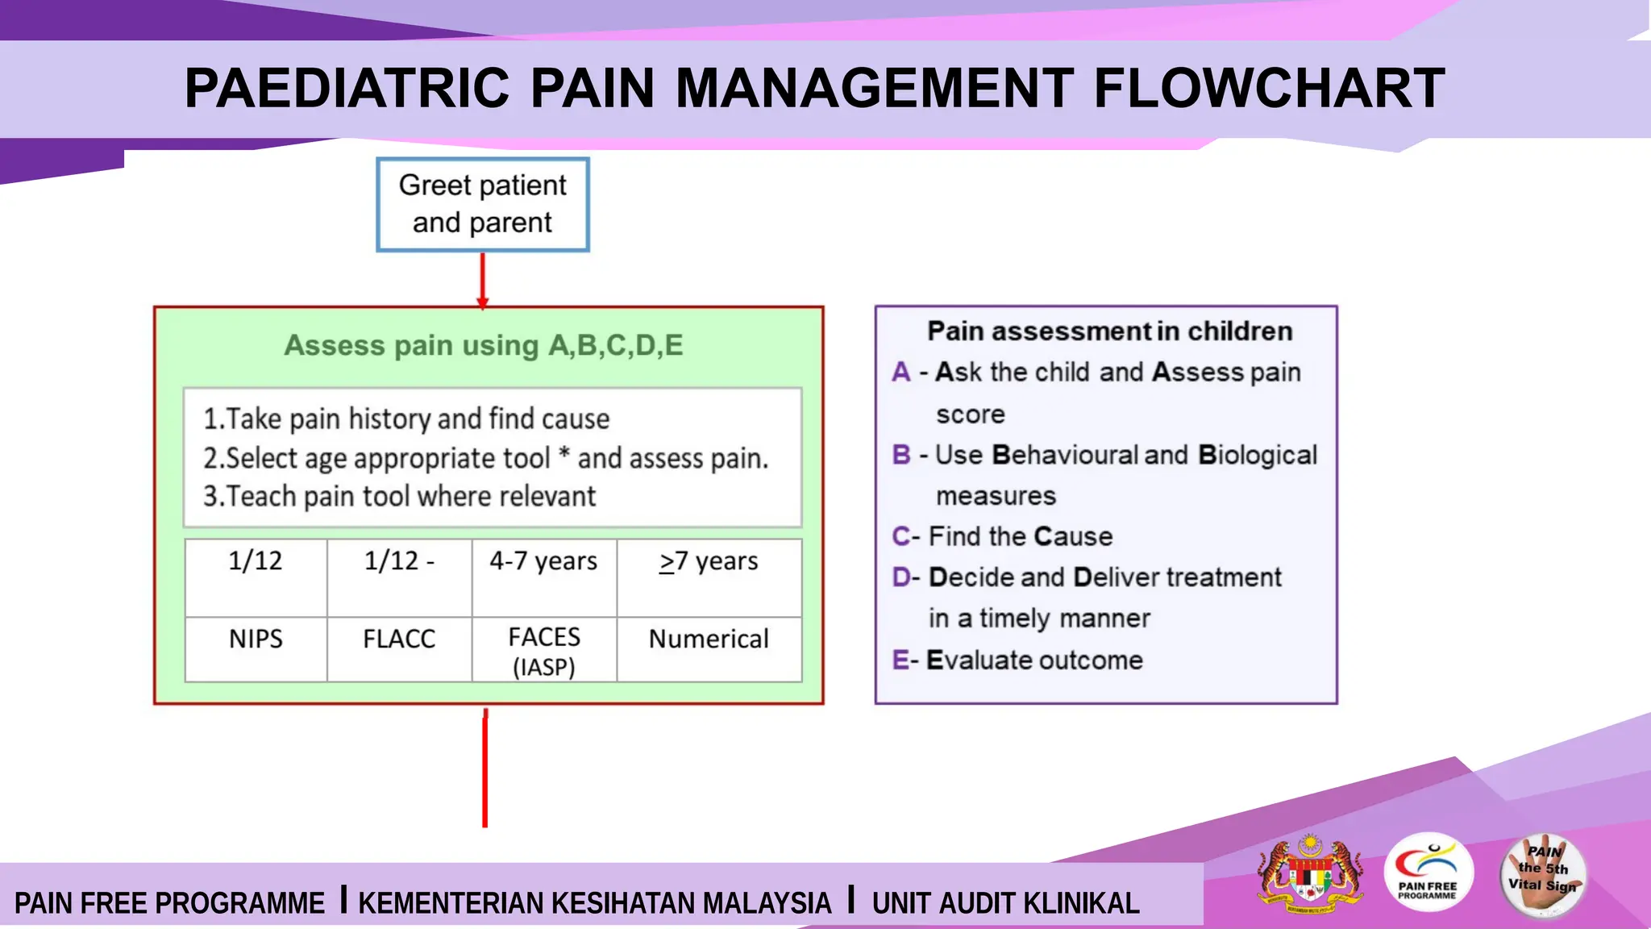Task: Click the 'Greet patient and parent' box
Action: [x=483, y=204]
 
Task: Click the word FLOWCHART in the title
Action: [x=1269, y=88]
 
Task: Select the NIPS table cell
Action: [x=256, y=639]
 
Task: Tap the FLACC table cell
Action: [x=399, y=639]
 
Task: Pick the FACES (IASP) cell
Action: [x=544, y=651]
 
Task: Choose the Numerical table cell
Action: [x=709, y=639]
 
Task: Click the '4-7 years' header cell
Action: [x=544, y=562]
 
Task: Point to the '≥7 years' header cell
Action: [x=709, y=562]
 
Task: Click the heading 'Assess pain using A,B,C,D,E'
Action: [x=484, y=345]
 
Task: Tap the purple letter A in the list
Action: [x=901, y=373]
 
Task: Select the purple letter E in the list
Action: [x=900, y=660]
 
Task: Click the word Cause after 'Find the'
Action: [x=1073, y=537]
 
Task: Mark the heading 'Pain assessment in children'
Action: [x=1109, y=331]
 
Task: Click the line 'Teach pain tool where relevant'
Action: [x=400, y=497]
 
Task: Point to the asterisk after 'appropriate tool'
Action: [x=564, y=456]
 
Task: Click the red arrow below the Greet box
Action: [x=483, y=280]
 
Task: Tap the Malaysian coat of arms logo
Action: [x=1311, y=874]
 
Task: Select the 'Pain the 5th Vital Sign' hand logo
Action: [x=1543, y=875]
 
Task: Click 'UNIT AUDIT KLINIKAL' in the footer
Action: [x=1005, y=903]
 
